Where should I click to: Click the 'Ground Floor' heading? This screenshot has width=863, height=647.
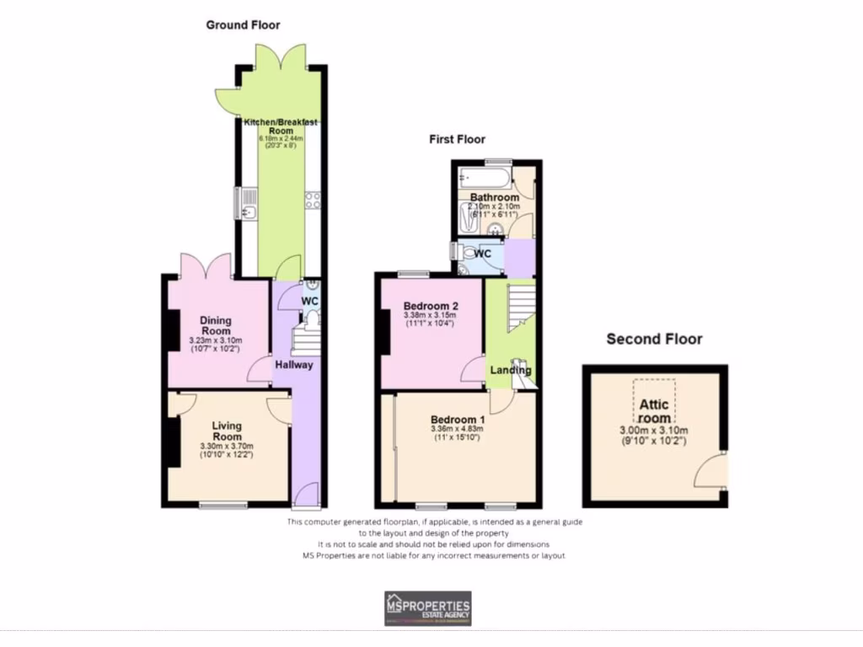[244, 25]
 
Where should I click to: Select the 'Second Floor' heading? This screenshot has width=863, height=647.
[654, 340]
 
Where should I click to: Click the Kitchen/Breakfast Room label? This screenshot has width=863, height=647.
[281, 126]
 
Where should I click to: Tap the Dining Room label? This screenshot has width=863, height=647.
[215, 325]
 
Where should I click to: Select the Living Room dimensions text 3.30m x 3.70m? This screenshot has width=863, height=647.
[227, 446]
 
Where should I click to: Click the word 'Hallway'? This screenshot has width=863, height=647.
[293, 365]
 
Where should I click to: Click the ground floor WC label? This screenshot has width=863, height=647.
[309, 301]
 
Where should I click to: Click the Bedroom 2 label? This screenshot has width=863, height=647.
[431, 305]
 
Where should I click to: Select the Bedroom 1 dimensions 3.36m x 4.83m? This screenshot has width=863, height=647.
[458, 429]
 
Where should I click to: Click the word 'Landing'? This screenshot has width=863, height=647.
[511, 370]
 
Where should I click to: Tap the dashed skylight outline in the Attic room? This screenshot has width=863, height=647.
[654, 392]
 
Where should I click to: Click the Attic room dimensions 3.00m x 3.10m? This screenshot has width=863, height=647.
[654, 430]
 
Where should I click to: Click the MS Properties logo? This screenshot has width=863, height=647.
[427, 607]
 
